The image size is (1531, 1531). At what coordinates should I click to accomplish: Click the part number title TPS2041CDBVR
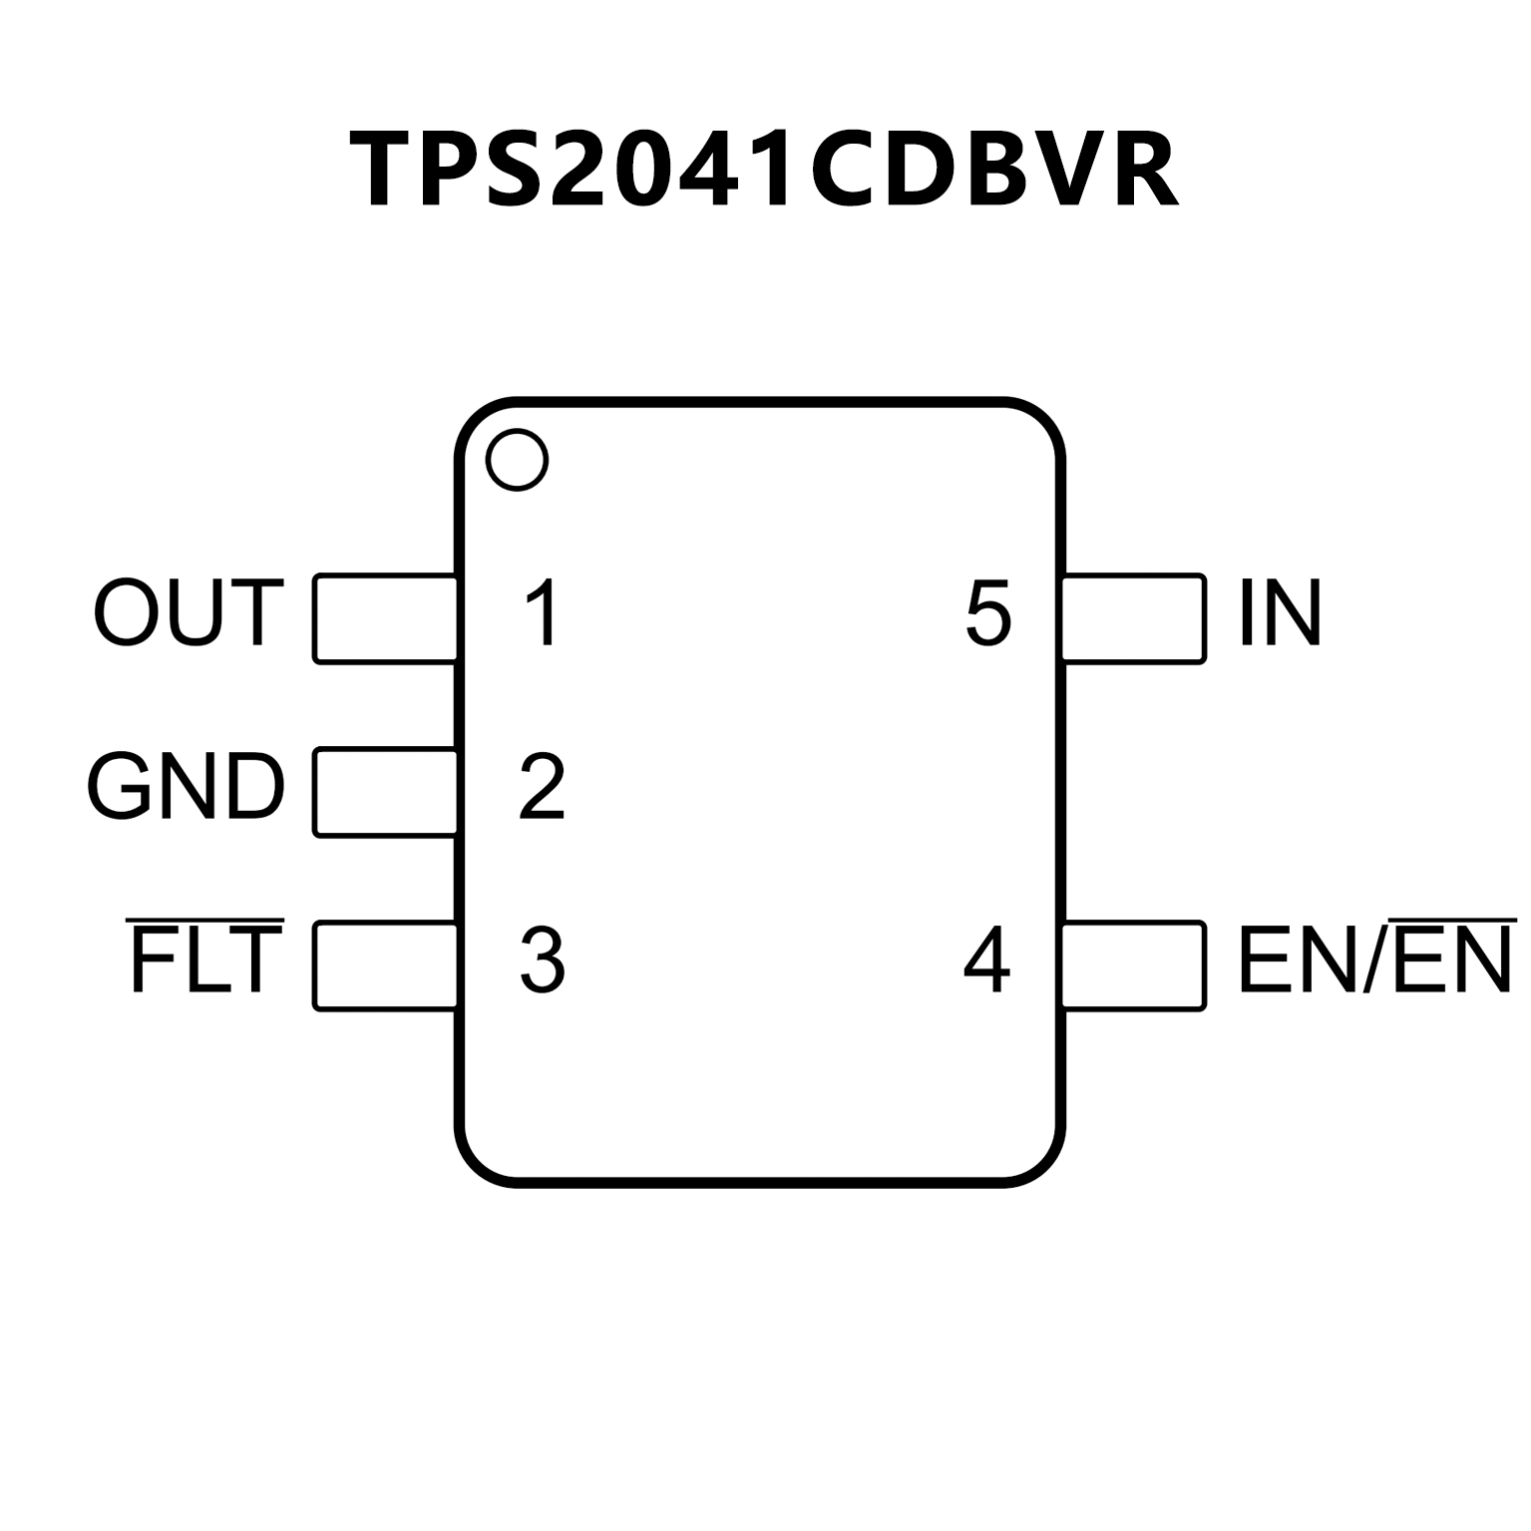click(765, 170)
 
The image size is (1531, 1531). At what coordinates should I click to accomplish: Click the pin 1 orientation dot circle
click(517, 460)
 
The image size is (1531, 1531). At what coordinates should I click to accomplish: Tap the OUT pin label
click(189, 612)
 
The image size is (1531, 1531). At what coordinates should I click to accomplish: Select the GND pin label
click(186, 787)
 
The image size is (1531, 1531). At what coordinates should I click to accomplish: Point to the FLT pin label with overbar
click(205, 958)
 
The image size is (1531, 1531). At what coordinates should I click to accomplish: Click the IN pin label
click(1280, 613)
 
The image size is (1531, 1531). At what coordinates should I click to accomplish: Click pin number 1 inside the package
click(543, 613)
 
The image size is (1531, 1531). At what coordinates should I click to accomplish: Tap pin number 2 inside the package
click(543, 788)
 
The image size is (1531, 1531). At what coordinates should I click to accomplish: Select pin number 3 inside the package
click(543, 960)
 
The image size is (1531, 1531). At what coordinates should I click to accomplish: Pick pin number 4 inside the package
click(986, 960)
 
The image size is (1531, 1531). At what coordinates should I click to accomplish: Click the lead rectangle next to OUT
click(385, 618)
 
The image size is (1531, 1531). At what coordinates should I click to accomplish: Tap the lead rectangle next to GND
click(385, 792)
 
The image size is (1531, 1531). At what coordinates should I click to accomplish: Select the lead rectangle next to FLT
click(385, 965)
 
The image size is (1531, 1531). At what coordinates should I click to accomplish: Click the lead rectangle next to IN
click(1134, 618)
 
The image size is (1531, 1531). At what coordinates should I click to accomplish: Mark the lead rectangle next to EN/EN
click(1134, 965)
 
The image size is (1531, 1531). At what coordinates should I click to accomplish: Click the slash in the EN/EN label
click(1375, 960)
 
